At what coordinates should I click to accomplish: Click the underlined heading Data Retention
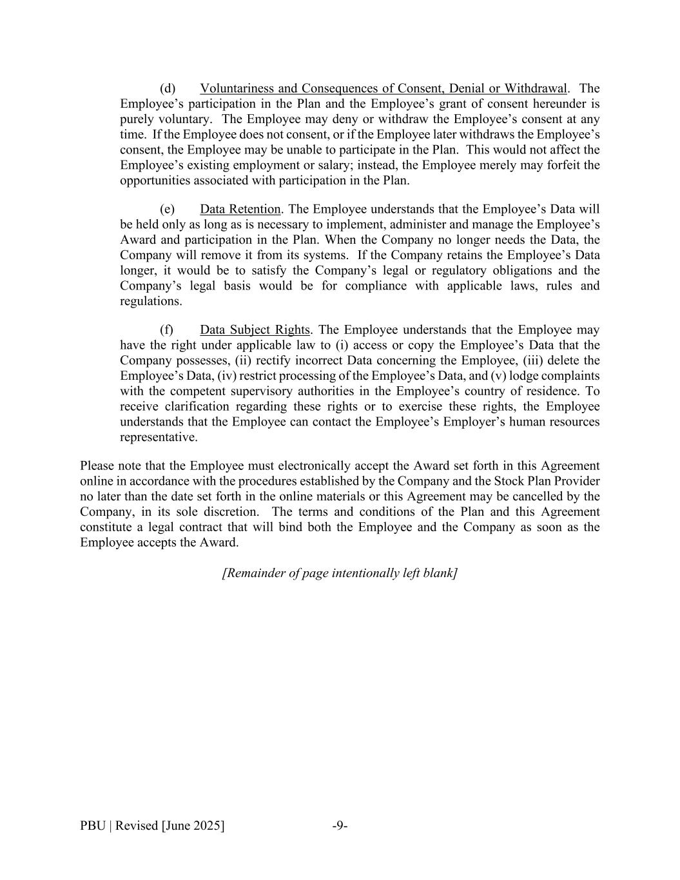click(x=240, y=210)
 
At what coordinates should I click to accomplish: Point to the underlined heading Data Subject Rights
click(x=255, y=330)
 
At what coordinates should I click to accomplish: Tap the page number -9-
click(x=340, y=826)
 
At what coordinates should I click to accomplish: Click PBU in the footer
click(x=93, y=826)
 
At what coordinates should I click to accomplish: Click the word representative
click(x=159, y=437)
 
